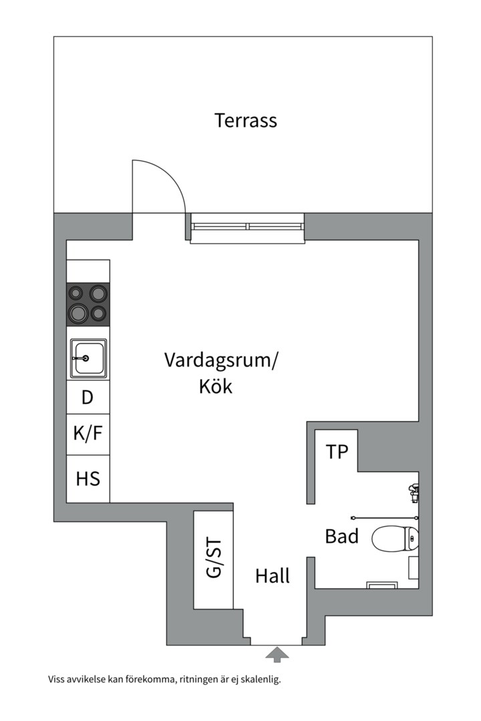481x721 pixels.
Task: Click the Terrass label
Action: (245, 121)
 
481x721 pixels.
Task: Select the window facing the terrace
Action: (247, 227)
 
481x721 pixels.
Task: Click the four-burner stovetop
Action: (88, 304)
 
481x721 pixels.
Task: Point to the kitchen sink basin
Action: (88, 358)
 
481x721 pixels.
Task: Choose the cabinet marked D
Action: (88, 398)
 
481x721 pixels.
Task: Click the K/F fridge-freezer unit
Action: (88, 434)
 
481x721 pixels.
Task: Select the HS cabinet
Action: (88, 479)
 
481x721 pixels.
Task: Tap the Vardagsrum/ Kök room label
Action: (220, 373)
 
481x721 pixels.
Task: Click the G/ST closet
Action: (213, 560)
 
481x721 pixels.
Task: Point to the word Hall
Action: (273, 576)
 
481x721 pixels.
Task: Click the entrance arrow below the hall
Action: (277, 654)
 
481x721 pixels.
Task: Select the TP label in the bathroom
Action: (337, 452)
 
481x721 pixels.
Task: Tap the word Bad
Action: (341, 536)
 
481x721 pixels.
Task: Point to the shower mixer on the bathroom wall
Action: (414, 491)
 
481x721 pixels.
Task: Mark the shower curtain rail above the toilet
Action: (384, 517)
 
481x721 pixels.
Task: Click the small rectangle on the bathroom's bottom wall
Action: (383, 585)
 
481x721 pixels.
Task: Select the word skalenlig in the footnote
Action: (259, 680)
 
